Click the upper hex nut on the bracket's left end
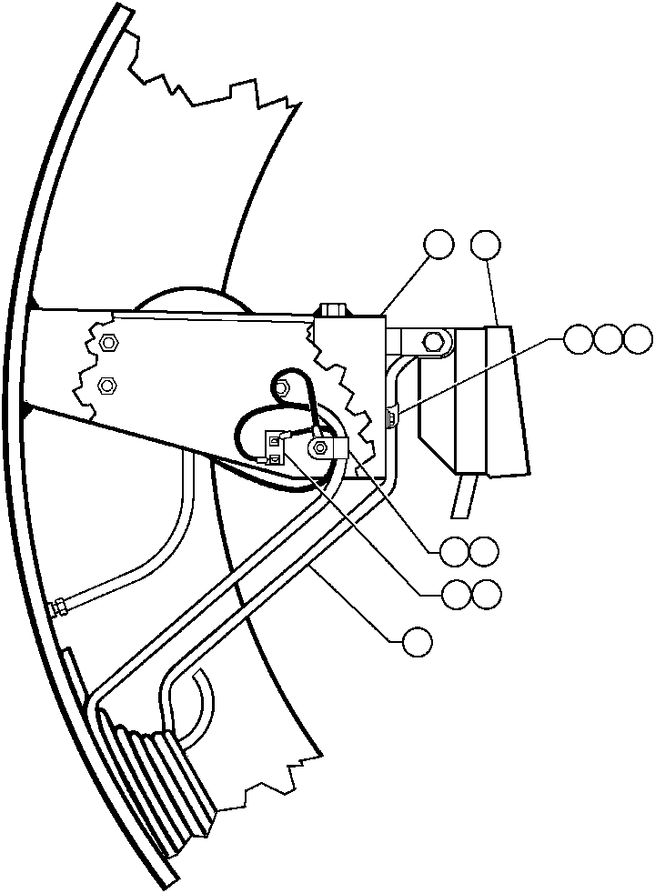[x=106, y=343]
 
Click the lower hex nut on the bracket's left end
[x=106, y=385]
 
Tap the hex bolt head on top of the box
[x=332, y=309]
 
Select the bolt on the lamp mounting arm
[x=430, y=342]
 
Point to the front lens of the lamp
[x=508, y=402]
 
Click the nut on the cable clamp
[x=322, y=447]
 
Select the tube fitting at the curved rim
[x=61, y=607]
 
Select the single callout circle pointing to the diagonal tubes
[x=418, y=640]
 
